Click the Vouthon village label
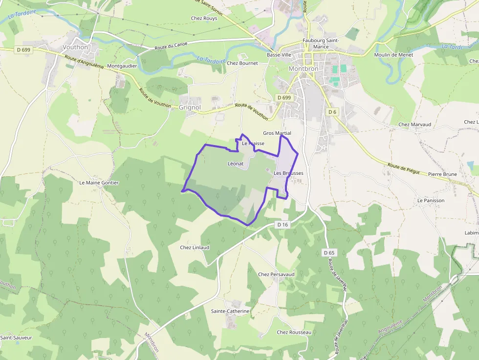coord(75,47)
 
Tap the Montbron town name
coord(303,69)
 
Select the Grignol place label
coord(190,107)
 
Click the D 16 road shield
coord(283,225)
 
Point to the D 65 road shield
coord(329,253)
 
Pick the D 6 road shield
coord(332,112)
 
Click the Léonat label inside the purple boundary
coord(236,164)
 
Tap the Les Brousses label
coord(288,173)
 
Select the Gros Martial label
coord(277,133)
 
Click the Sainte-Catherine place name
coord(230,311)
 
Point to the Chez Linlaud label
coord(195,248)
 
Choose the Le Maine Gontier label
coord(99,183)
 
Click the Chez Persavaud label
coord(276,275)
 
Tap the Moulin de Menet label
coord(393,55)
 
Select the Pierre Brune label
coord(442,174)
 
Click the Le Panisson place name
coord(431,201)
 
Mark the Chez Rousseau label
coord(294,333)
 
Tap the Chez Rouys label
coord(204,19)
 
